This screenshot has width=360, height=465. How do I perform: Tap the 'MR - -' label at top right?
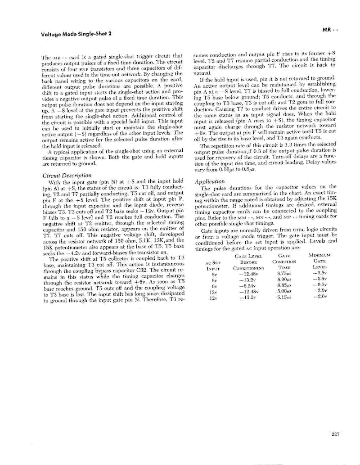(x=330, y=30)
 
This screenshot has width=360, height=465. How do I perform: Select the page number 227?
(x=334, y=434)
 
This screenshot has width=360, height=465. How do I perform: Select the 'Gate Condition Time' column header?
(x=283, y=261)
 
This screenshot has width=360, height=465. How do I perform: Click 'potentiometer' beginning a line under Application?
(x=211, y=211)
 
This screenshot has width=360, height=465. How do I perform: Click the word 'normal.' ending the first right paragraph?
(x=201, y=72)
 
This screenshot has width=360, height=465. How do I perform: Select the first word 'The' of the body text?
(x=46, y=58)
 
